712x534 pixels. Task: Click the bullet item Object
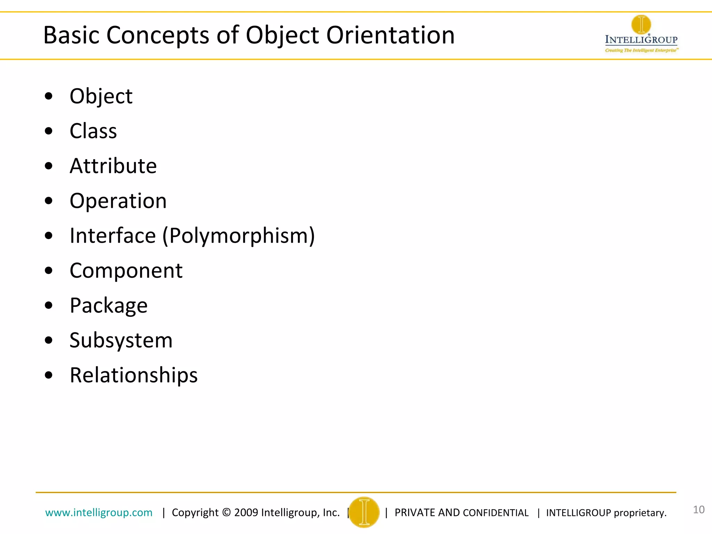[101, 96]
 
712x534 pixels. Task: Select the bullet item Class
[93, 131]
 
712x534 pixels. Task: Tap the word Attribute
[113, 166]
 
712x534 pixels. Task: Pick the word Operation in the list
[118, 201]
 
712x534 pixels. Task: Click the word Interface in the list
[113, 236]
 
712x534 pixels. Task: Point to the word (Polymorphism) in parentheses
[239, 236]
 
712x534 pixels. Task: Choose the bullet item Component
[126, 270]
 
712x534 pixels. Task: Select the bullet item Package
[108, 306]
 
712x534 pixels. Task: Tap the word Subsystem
[121, 340]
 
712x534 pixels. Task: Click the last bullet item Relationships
[133, 375]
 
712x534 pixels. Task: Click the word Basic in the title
[71, 35]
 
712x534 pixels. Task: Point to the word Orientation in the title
[390, 35]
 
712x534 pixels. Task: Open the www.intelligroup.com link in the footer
[99, 512]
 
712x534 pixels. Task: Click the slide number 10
[698, 510]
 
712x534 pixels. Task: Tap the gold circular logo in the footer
[364, 512]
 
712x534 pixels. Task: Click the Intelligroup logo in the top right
[641, 34]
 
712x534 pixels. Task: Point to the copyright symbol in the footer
[226, 512]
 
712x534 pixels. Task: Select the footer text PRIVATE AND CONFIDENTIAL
[461, 513]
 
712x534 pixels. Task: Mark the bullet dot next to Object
[49, 96]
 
